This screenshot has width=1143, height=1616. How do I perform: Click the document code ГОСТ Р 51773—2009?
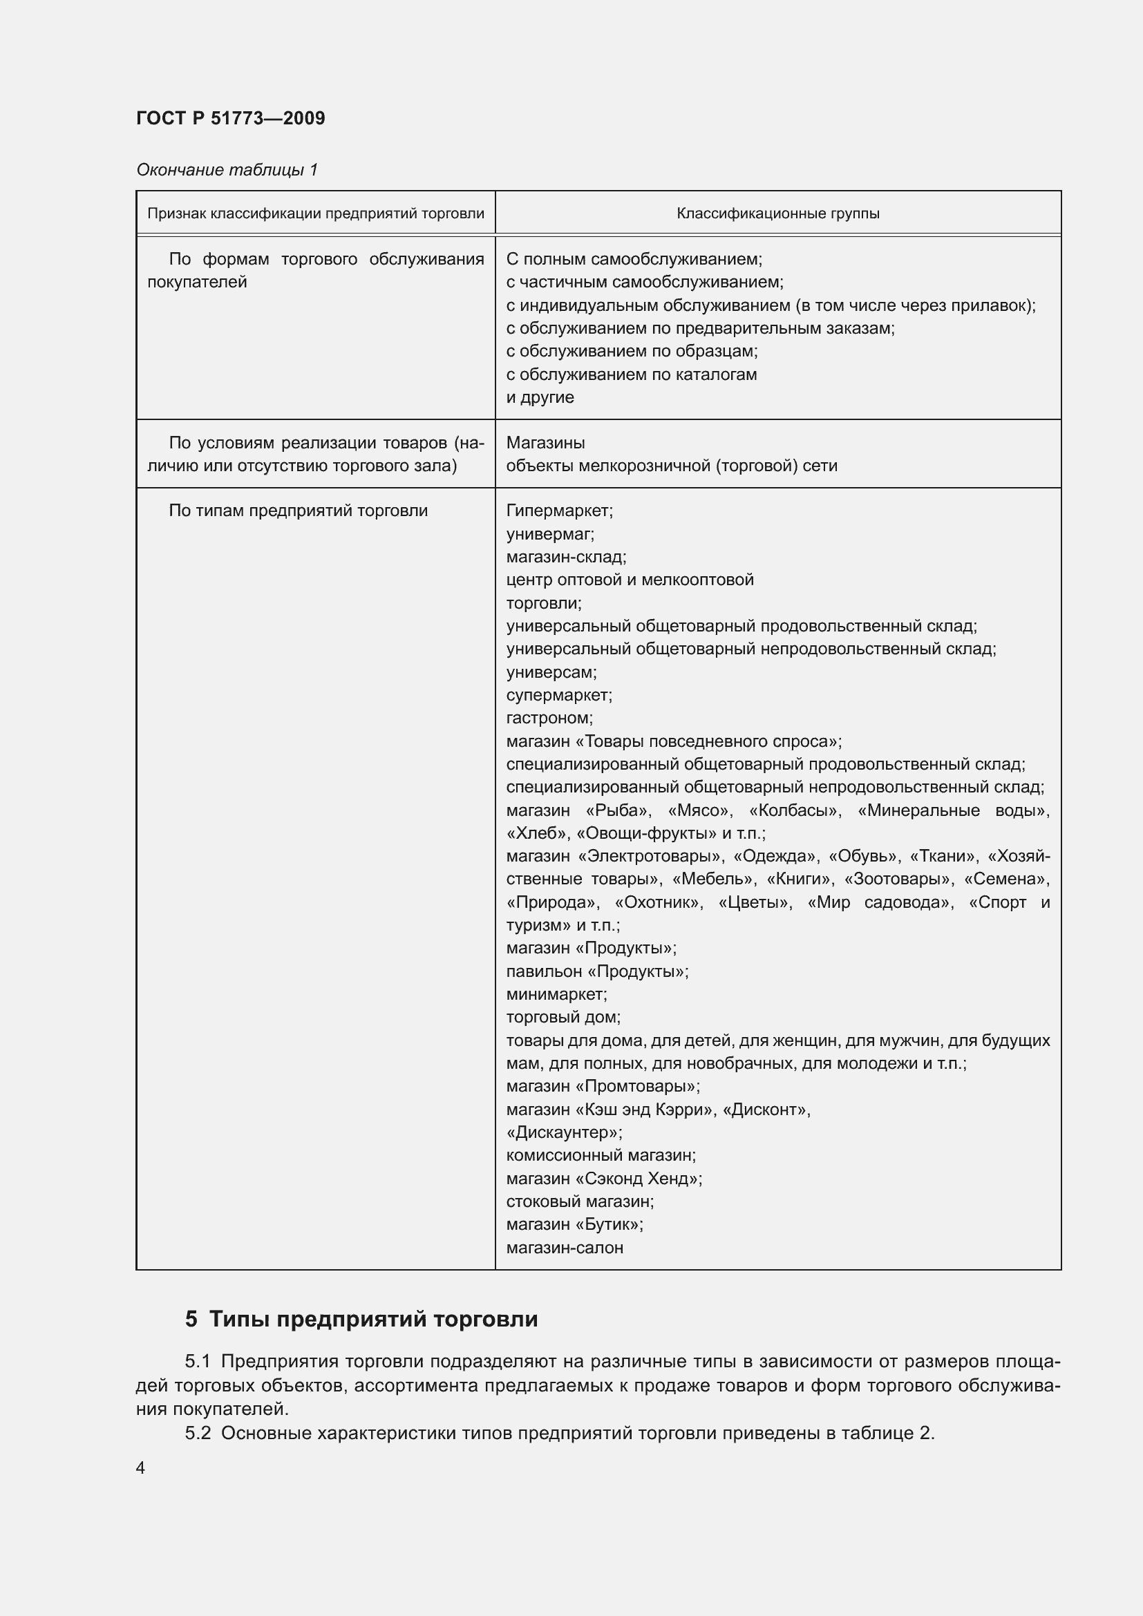coord(230,118)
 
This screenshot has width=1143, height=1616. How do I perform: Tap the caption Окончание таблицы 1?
coord(227,170)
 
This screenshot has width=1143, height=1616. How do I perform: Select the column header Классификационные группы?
coord(777,213)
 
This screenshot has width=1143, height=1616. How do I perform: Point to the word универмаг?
coord(549,534)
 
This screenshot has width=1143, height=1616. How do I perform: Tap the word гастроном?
coord(549,718)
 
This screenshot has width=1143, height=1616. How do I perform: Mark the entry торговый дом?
coord(563,1017)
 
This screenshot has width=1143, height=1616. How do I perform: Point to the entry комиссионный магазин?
coord(601,1155)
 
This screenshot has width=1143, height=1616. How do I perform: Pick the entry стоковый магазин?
coord(579,1201)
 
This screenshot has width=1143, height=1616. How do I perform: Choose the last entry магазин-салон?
coord(565,1248)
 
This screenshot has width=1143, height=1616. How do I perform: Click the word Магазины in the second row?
coord(545,443)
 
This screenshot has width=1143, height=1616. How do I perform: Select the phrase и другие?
coord(540,397)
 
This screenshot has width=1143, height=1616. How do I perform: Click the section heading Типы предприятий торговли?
coord(373,1319)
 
